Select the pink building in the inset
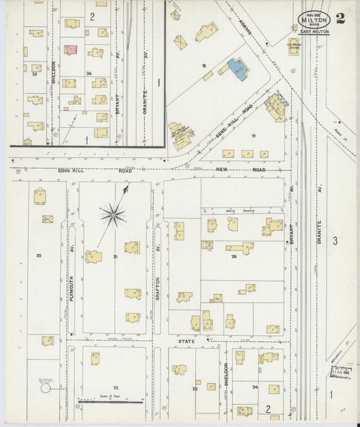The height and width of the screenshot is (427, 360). [71, 50]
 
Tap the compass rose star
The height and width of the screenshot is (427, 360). [112, 216]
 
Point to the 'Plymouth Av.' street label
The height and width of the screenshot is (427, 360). [71, 283]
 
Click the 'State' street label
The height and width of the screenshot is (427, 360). [186, 342]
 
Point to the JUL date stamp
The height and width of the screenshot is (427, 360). [341, 371]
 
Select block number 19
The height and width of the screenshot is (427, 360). [253, 136]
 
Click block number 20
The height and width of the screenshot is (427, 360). [38, 255]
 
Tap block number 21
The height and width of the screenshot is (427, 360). [115, 257]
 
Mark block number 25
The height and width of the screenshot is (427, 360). [234, 257]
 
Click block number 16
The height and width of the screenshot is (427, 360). [203, 66]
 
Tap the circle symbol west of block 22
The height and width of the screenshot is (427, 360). [45, 388]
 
